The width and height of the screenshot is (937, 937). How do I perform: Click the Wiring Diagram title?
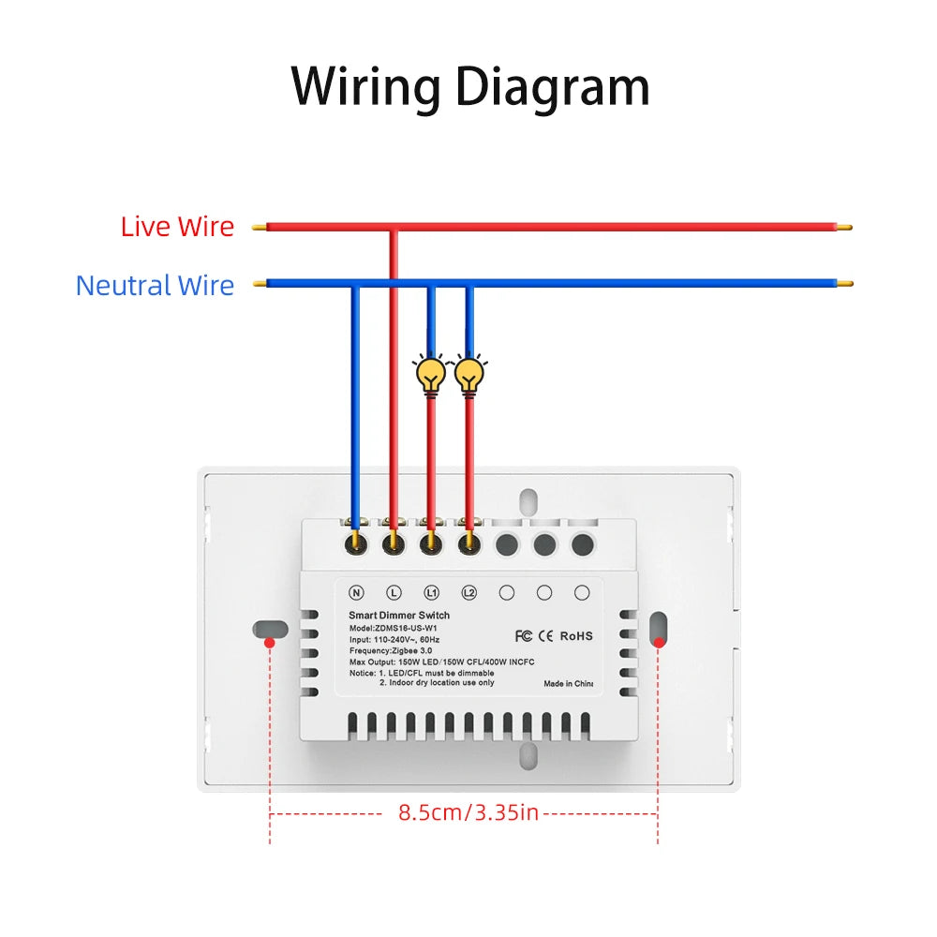[469, 87]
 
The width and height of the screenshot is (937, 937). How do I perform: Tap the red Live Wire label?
[177, 226]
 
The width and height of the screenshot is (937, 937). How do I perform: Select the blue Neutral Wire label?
[155, 285]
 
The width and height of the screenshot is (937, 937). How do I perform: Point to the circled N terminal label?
[356, 592]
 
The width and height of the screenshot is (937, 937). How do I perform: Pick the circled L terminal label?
[394, 592]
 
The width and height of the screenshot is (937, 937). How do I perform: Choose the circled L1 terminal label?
[431, 592]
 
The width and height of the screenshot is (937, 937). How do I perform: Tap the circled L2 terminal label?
[468, 592]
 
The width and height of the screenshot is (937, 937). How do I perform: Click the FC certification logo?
[524, 635]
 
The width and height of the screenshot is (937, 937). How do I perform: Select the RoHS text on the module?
[576, 635]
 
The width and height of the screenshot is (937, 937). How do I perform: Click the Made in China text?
[569, 683]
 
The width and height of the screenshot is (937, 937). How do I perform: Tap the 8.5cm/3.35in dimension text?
[468, 812]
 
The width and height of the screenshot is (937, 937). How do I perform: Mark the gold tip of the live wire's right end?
[845, 226]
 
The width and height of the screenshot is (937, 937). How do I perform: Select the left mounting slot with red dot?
[269, 629]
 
